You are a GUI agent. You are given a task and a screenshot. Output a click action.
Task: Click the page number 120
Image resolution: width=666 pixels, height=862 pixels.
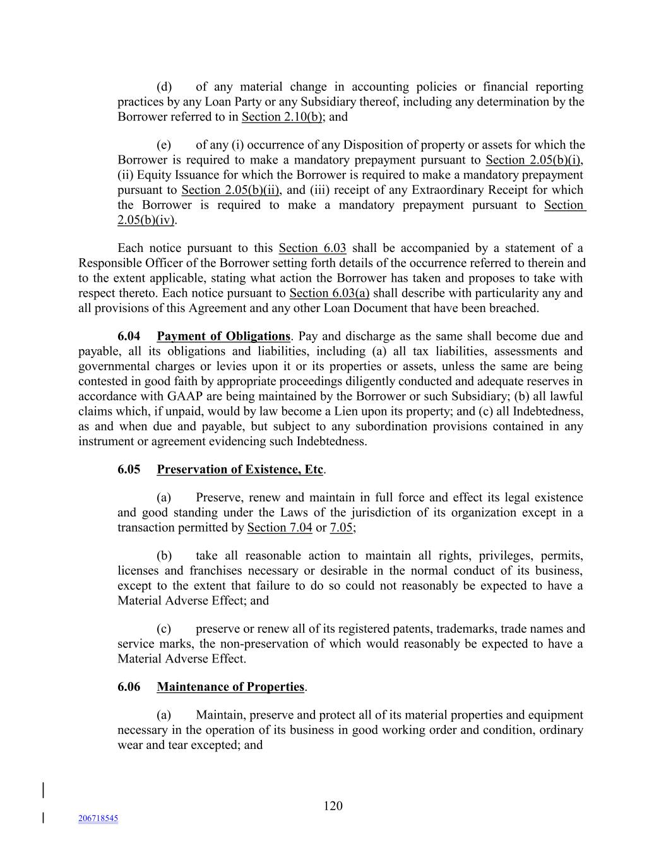click(x=333, y=806)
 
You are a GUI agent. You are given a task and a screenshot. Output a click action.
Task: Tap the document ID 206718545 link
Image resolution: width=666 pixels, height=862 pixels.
click(x=98, y=818)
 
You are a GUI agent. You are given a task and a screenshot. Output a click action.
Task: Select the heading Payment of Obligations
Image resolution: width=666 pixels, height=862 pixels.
click(x=223, y=337)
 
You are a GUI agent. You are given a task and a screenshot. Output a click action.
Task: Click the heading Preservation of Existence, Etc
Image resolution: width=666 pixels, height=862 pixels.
click(x=240, y=470)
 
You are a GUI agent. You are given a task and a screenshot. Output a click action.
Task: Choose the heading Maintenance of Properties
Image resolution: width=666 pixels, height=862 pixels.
click(x=231, y=687)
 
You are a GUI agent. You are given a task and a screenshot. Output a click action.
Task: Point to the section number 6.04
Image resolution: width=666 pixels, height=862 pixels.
click(x=129, y=337)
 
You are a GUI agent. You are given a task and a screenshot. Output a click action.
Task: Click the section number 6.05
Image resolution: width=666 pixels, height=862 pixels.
click(x=129, y=470)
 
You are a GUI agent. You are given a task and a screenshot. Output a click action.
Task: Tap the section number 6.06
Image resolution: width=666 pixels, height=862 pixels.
click(x=129, y=687)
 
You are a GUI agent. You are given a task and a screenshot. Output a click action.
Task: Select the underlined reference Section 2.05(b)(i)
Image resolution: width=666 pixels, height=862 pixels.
click(x=533, y=160)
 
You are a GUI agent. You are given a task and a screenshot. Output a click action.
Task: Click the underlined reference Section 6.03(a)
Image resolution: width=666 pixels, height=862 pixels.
click(x=330, y=293)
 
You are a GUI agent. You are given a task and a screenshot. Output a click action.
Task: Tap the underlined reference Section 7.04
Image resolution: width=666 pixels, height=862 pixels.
click(x=280, y=528)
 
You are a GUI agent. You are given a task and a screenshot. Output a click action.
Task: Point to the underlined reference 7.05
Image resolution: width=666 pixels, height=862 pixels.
click(x=341, y=528)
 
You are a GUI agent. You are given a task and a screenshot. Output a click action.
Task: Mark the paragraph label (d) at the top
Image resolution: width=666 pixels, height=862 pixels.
click(x=164, y=87)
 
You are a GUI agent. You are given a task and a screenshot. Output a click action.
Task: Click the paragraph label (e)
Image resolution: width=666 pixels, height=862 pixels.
click(x=164, y=145)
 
